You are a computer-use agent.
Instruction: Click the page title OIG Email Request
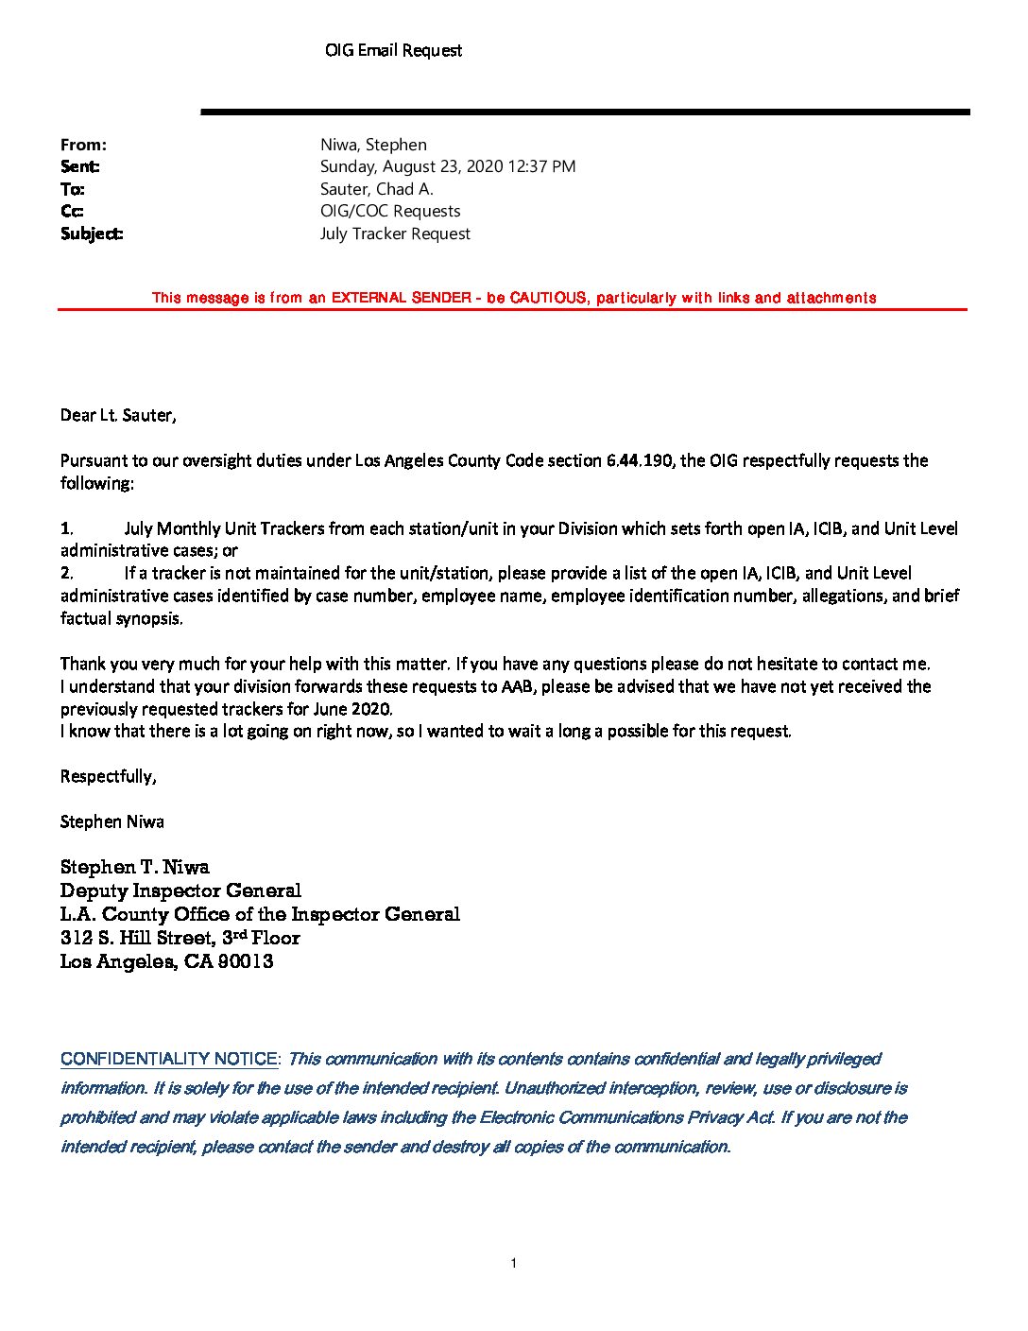pos(393,50)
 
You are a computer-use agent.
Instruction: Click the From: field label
pos(83,145)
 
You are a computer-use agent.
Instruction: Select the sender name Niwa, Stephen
pos(373,145)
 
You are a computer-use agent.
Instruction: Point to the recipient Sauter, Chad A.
pos(376,189)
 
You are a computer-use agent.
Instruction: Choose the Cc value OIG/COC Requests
pos(390,211)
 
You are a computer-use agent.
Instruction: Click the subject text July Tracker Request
pos(395,233)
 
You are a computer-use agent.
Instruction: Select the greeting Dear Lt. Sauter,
pos(118,415)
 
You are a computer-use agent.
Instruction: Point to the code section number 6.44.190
pos(639,460)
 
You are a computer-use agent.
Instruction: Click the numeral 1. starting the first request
pos(66,528)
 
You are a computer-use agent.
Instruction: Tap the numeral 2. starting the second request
pos(66,573)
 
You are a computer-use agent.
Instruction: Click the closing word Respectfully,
pos(108,776)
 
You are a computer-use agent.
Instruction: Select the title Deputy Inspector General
pos(180,890)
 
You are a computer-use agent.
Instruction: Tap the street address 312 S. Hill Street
pos(138,938)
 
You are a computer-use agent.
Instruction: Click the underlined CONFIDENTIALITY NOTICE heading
pos(169,1059)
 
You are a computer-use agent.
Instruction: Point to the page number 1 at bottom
pos(513,1264)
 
